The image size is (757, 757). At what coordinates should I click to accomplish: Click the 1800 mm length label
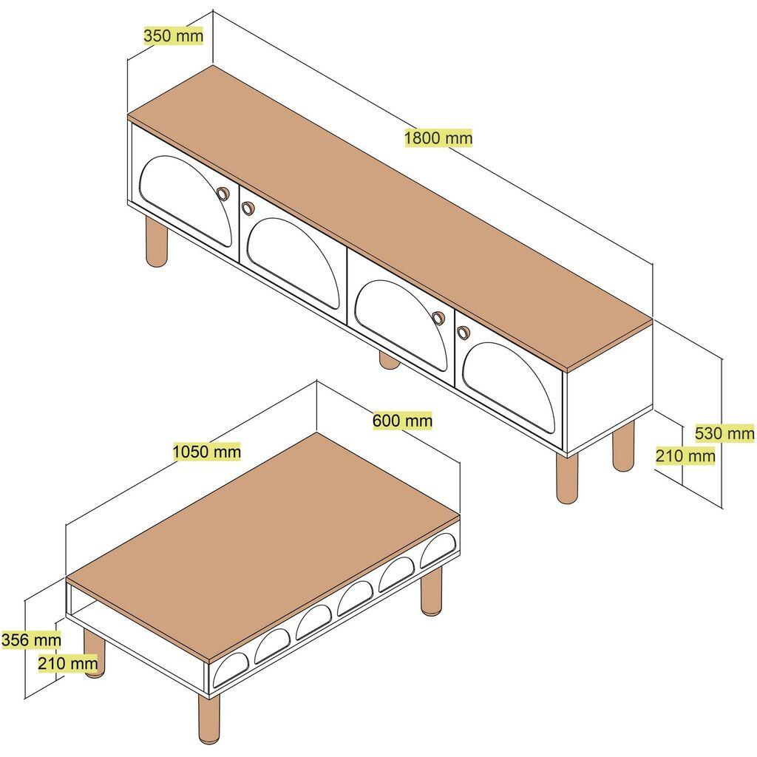pos(438,138)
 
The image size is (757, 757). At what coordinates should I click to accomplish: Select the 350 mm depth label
pos(173,36)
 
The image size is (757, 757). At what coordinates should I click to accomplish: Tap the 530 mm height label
pos(724,432)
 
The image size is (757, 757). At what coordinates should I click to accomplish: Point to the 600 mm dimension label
pos(402,421)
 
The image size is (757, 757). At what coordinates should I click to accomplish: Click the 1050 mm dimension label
pos(207,451)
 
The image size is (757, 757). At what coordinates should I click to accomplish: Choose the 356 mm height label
pos(30,639)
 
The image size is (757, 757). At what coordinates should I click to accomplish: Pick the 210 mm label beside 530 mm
pos(685,456)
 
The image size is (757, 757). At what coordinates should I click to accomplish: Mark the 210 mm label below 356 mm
pos(67,664)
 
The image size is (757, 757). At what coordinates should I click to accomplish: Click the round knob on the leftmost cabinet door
pos(222,194)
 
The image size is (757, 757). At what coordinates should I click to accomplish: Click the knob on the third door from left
pos(438,318)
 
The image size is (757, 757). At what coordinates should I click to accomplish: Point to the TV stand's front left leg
pos(156,242)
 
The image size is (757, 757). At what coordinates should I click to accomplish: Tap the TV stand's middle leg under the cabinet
pos(389,360)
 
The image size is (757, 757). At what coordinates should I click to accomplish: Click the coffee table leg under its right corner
pos(432,591)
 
